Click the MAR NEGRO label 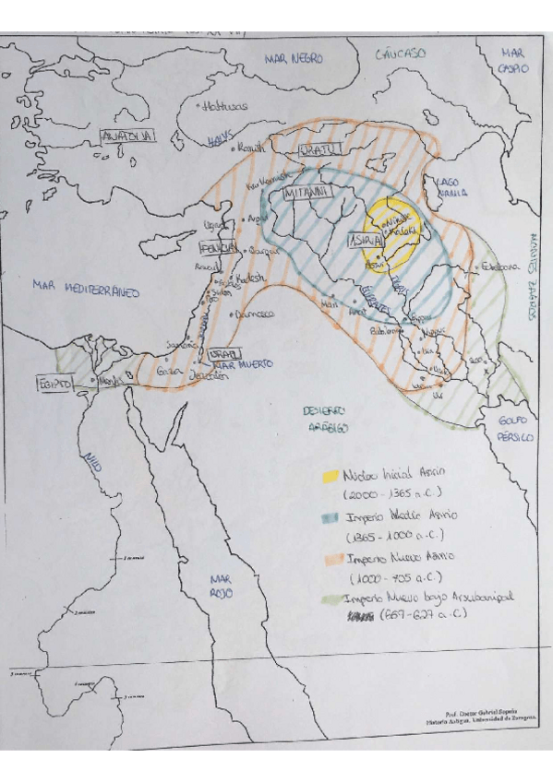pyautogui.click(x=294, y=58)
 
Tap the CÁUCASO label pyautogui.click(x=401, y=54)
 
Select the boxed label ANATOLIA pyautogui.click(x=129, y=136)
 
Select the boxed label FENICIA pyautogui.click(x=219, y=247)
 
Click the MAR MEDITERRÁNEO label pyautogui.click(x=85, y=290)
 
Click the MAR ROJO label pyautogui.click(x=221, y=586)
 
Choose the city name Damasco pyautogui.click(x=256, y=314)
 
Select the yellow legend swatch pyautogui.click(x=329, y=477)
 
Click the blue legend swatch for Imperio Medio pyautogui.click(x=330, y=518)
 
